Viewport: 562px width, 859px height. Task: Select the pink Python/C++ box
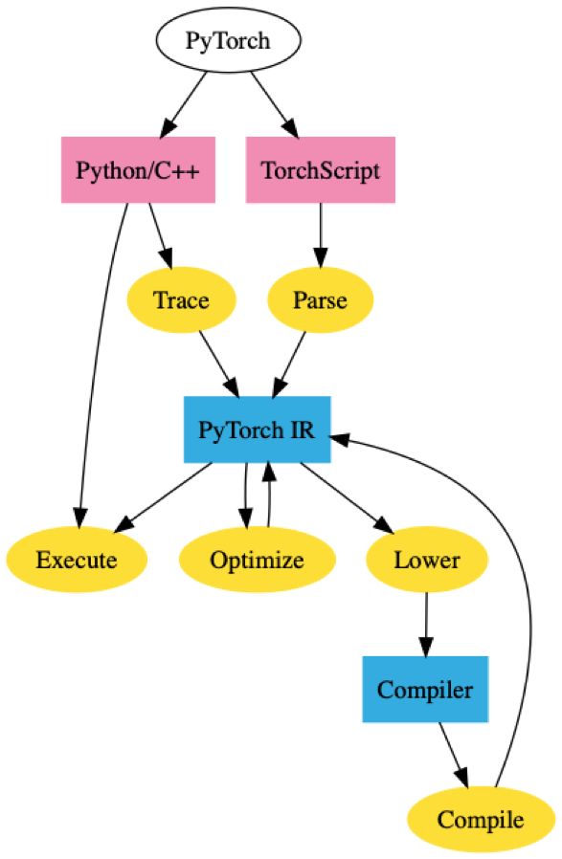(x=138, y=170)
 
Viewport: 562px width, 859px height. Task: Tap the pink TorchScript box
(x=321, y=170)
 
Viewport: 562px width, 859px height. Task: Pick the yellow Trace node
(x=181, y=299)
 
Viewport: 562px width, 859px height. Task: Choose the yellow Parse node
(x=321, y=299)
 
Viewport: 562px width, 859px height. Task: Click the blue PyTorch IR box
(x=257, y=429)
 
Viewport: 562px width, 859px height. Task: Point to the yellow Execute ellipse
(x=77, y=559)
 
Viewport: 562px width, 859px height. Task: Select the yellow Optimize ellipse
(x=257, y=559)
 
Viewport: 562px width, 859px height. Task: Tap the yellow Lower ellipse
(x=426, y=559)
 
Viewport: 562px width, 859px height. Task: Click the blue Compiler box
(x=426, y=689)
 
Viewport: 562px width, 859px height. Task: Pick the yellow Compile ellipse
(x=481, y=819)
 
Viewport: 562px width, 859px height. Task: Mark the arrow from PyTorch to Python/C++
(x=188, y=104)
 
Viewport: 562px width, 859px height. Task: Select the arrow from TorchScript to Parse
(x=321, y=235)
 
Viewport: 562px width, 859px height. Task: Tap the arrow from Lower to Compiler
(x=426, y=624)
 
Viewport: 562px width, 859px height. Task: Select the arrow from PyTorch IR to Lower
(x=347, y=497)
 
